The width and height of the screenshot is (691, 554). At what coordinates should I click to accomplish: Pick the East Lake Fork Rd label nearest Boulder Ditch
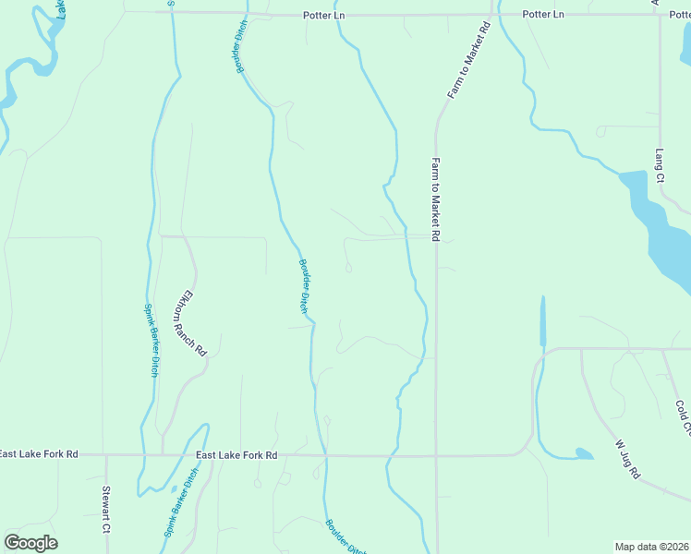tap(236, 455)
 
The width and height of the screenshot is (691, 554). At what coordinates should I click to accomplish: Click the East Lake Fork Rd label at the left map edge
tap(39, 454)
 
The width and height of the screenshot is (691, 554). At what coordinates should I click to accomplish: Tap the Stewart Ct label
tap(106, 511)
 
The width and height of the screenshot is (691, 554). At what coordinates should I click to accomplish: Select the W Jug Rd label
tap(628, 458)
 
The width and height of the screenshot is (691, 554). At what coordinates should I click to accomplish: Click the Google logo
tap(30, 543)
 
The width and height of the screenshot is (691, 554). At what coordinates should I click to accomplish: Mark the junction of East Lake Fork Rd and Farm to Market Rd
tap(436, 455)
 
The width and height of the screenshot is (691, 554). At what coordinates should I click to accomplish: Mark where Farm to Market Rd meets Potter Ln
tap(489, 15)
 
